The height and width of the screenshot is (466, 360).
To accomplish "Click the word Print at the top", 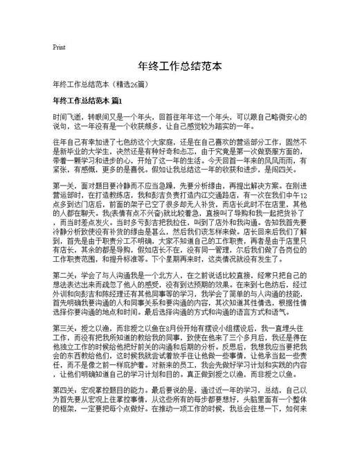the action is click(59, 48).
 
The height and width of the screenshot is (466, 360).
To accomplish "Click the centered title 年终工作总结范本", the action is click(180, 67).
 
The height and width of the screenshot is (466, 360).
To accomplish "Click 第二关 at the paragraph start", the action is click(64, 312).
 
